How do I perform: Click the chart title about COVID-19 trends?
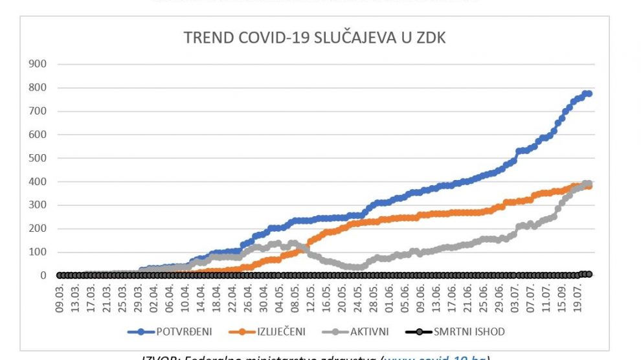click(315, 38)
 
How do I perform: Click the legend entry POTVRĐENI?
click(175, 332)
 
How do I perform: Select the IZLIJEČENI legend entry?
click(277, 332)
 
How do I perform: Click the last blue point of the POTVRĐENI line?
click(589, 94)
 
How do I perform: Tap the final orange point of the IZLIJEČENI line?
click(589, 186)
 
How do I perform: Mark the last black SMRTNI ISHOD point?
click(589, 274)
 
